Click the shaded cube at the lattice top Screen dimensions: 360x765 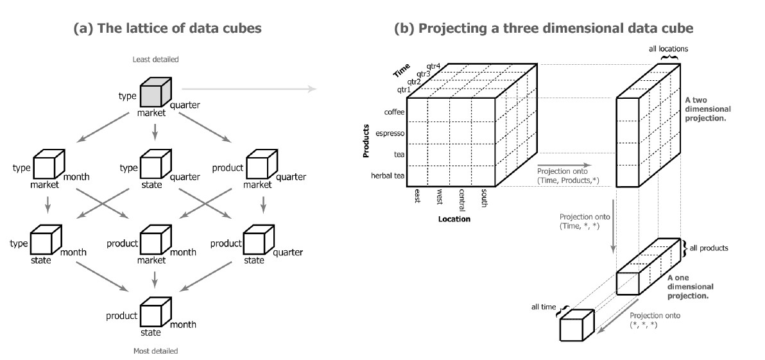[154, 93]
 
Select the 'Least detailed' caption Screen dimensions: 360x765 [155, 60]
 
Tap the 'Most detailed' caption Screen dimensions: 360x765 [155, 351]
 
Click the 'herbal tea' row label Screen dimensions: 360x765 [387, 175]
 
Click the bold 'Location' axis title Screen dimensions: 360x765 [454, 219]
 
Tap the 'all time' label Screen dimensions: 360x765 [544, 307]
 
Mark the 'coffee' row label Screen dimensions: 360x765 [393, 112]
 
